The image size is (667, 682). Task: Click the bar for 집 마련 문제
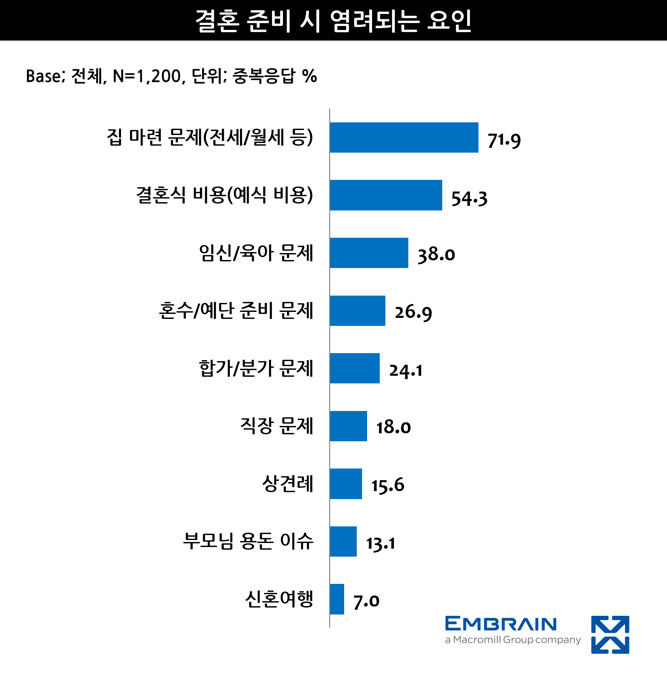click(x=404, y=137)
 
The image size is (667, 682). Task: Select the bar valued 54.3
click(x=386, y=195)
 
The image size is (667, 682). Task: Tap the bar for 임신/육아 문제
click(x=369, y=253)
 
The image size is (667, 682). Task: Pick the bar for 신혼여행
click(x=336, y=599)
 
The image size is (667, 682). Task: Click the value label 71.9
click(x=504, y=140)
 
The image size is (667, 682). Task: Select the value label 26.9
click(x=413, y=312)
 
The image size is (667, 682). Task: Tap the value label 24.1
click(x=406, y=370)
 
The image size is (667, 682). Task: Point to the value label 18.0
click(x=393, y=427)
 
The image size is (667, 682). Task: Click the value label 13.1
click(x=380, y=543)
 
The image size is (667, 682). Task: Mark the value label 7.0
click(x=366, y=601)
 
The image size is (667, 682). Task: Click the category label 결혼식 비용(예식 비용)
click(x=224, y=195)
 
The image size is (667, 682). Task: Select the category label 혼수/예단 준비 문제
click(x=236, y=311)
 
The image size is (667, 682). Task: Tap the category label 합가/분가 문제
click(x=256, y=368)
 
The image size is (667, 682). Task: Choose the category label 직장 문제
click(x=276, y=426)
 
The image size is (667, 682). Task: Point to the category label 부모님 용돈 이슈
click(x=248, y=541)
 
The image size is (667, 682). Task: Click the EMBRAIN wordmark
click(x=501, y=624)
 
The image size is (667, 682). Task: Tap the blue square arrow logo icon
click(x=610, y=634)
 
